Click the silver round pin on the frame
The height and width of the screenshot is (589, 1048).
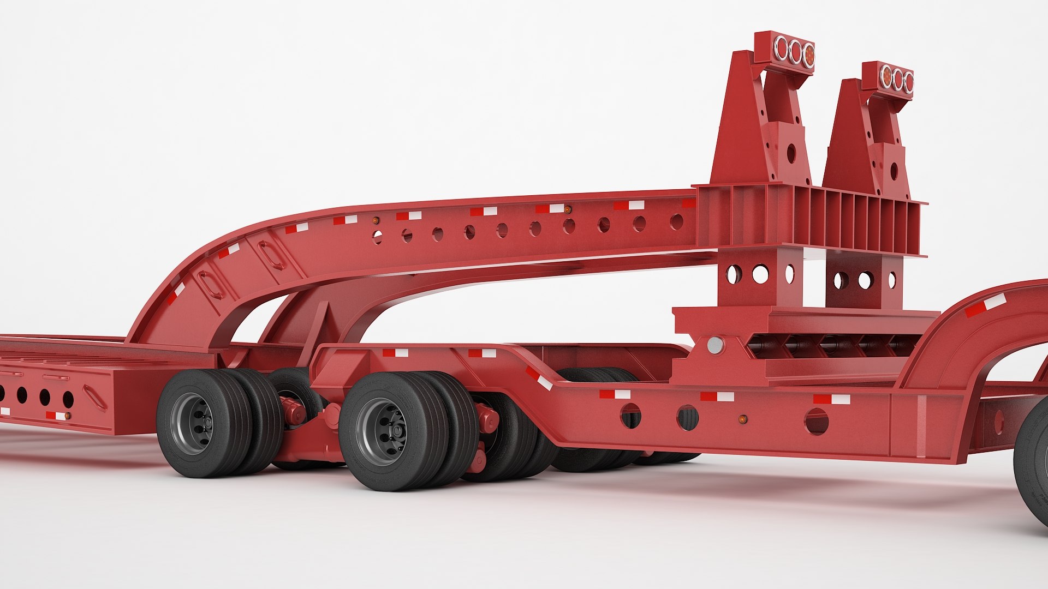[714, 345]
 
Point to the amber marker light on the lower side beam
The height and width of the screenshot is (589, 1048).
[742, 419]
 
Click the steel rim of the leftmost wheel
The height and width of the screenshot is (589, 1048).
[191, 420]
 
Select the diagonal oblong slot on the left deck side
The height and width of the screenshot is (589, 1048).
[96, 397]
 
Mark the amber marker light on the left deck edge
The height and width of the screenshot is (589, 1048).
[67, 416]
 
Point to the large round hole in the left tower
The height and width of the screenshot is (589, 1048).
[791, 153]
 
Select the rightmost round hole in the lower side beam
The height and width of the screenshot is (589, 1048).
[816, 421]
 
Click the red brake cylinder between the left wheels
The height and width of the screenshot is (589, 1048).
[295, 410]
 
